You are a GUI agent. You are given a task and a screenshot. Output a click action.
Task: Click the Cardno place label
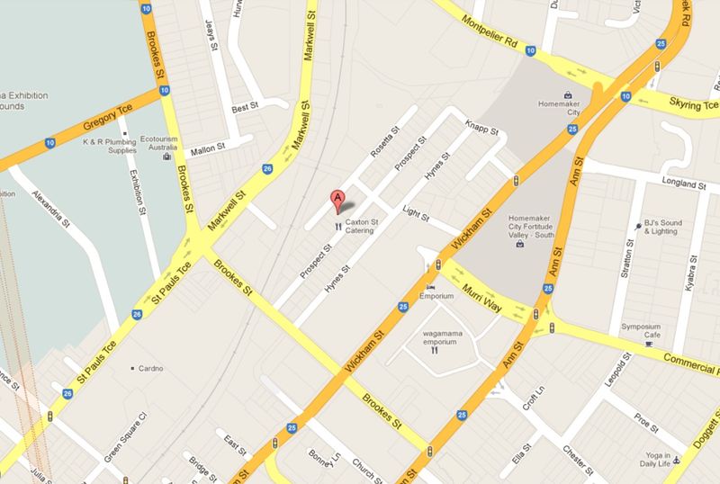[152, 367]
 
